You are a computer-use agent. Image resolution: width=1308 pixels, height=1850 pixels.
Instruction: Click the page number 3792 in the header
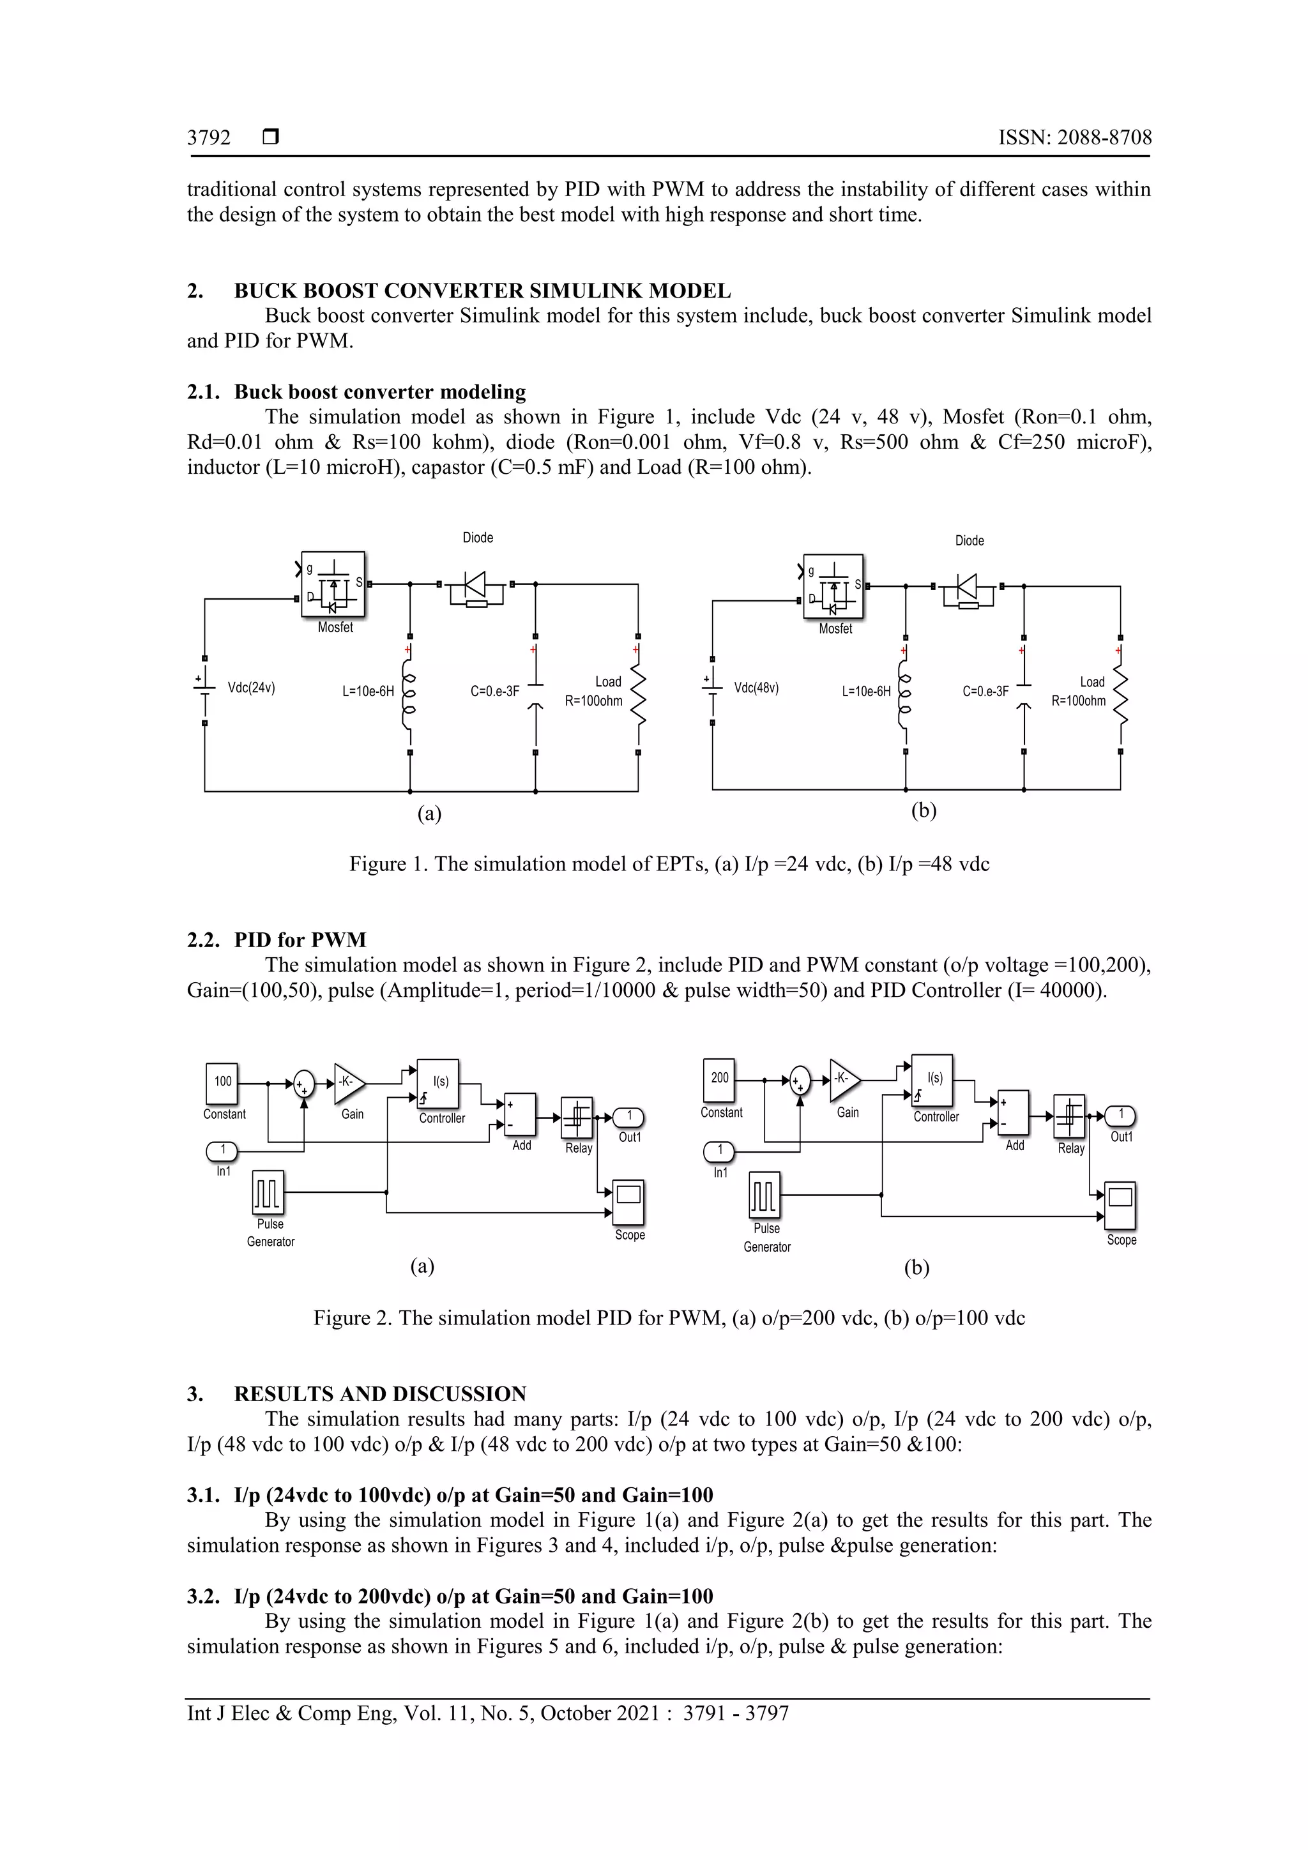click(209, 138)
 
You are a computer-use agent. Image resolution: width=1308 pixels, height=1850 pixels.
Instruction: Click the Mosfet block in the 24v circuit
click(333, 585)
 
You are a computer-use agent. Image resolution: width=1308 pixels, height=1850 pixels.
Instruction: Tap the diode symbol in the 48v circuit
click(967, 586)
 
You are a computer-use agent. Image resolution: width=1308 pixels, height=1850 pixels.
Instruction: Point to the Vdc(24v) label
click(252, 688)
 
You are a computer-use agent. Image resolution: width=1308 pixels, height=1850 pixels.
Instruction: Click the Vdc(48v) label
click(756, 688)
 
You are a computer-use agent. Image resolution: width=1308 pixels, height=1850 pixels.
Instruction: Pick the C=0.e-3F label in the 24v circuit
click(495, 692)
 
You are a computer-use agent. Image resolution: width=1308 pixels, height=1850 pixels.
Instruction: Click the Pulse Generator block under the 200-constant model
click(765, 1194)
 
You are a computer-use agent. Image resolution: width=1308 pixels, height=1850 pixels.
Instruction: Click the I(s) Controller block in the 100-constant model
click(438, 1084)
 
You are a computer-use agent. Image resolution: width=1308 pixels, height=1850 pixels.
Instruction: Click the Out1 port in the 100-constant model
click(628, 1117)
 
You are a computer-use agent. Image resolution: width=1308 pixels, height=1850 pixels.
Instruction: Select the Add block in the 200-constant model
click(1013, 1112)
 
